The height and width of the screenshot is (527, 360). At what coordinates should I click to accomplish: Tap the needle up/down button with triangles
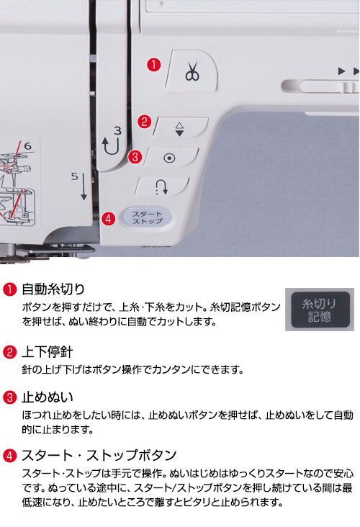pyautogui.click(x=181, y=128)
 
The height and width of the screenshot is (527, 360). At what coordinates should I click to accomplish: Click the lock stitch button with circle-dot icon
pyautogui.click(x=171, y=157)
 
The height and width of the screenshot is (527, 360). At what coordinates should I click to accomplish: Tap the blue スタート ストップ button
pyautogui.click(x=147, y=217)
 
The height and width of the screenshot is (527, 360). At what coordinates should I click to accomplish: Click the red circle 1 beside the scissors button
pyautogui.click(x=153, y=65)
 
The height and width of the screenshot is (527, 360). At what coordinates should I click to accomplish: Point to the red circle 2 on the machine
pyautogui.click(x=144, y=122)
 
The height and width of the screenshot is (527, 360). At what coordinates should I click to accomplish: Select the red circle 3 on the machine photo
pyautogui.click(x=135, y=157)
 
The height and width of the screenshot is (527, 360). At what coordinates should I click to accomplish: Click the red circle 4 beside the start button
pyautogui.click(x=108, y=219)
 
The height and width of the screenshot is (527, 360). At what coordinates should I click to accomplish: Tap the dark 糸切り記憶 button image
pyautogui.click(x=320, y=310)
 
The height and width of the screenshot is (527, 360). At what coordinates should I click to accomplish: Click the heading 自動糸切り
pyautogui.click(x=53, y=289)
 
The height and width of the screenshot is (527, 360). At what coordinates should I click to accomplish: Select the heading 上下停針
pyautogui.click(x=47, y=352)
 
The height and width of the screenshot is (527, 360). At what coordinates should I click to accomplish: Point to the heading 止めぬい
pyautogui.click(x=47, y=397)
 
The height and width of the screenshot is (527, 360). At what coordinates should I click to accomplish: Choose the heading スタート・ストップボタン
pyautogui.click(x=99, y=455)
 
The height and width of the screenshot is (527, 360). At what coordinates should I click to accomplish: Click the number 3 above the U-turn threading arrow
pyautogui.click(x=117, y=130)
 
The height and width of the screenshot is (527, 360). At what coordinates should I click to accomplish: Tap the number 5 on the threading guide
pyautogui.click(x=75, y=176)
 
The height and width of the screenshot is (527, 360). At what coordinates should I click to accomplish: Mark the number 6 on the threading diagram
pyautogui.click(x=27, y=146)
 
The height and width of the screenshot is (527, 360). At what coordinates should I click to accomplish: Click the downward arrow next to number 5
pyautogui.click(x=84, y=186)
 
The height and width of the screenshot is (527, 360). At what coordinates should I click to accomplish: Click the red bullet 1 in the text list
pyautogui.click(x=9, y=289)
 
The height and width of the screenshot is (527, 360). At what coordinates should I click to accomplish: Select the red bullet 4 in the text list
pyautogui.click(x=9, y=456)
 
